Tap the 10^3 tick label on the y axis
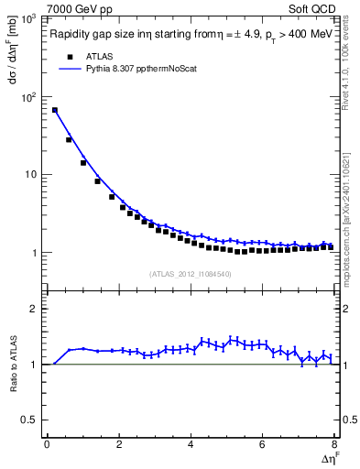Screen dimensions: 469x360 pyautogui.click(x=28, y=19)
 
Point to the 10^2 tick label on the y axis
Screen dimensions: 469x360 pyautogui.click(x=28, y=96)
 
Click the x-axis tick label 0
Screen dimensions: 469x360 pyautogui.click(x=47, y=444)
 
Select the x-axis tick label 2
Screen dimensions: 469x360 pyautogui.click(x=119, y=444)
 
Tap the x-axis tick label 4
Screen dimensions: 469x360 pyautogui.click(x=191, y=444)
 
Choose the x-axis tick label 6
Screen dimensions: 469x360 pyautogui.click(x=263, y=444)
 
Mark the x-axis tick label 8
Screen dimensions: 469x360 pyautogui.click(x=334, y=444)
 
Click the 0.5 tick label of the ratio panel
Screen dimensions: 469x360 pyautogui.click(x=33, y=420)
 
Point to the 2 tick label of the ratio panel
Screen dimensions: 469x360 pyautogui.click(x=38, y=309)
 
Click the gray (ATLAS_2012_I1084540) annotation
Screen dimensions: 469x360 pyautogui.click(x=190, y=273)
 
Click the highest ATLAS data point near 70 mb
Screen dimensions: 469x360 pyautogui.click(x=55, y=110)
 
